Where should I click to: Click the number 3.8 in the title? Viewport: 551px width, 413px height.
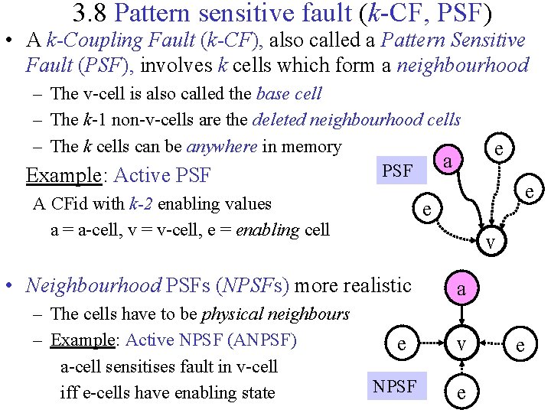[93, 13]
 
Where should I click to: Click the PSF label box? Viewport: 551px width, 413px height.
[397, 171]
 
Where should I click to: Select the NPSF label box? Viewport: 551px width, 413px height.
[395, 387]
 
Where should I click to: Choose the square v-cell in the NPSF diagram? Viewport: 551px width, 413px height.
[461, 345]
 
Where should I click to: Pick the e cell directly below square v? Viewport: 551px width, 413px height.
[461, 392]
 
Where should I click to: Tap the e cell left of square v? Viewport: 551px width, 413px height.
[402, 345]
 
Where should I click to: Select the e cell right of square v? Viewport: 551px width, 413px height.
[520, 345]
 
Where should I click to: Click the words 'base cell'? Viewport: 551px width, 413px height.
[289, 95]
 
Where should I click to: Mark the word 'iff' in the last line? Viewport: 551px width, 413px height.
[69, 392]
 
